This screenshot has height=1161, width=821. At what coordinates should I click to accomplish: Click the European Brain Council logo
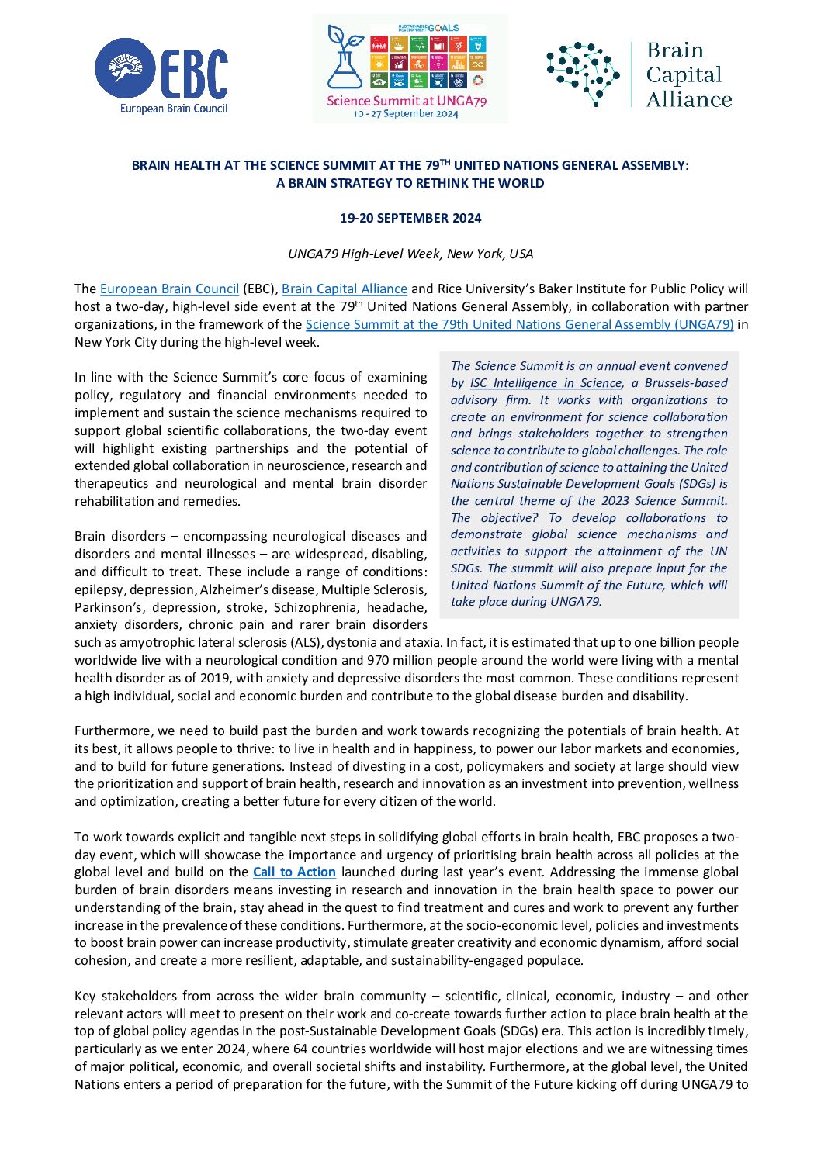click(x=161, y=75)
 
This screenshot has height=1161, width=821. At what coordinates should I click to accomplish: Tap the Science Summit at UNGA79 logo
click(x=410, y=68)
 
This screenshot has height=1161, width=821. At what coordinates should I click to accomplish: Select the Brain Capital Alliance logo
click(x=639, y=74)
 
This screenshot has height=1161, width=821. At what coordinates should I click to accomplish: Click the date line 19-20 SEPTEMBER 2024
click(x=410, y=218)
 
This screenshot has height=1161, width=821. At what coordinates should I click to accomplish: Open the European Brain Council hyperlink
click(x=169, y=289)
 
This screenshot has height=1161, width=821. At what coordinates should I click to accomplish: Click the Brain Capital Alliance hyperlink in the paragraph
click(x=344, y=289)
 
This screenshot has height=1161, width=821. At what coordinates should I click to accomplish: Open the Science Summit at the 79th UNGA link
click(x=519, y=324)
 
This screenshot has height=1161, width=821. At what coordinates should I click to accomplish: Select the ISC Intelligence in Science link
click(x=546, y=383)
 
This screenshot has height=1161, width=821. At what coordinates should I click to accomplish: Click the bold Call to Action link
click(x=294, y=872)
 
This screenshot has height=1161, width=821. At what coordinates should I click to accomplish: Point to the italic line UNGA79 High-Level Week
click(x=410, y=254)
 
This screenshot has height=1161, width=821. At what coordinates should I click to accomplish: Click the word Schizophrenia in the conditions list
click(x=317, y=607)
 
